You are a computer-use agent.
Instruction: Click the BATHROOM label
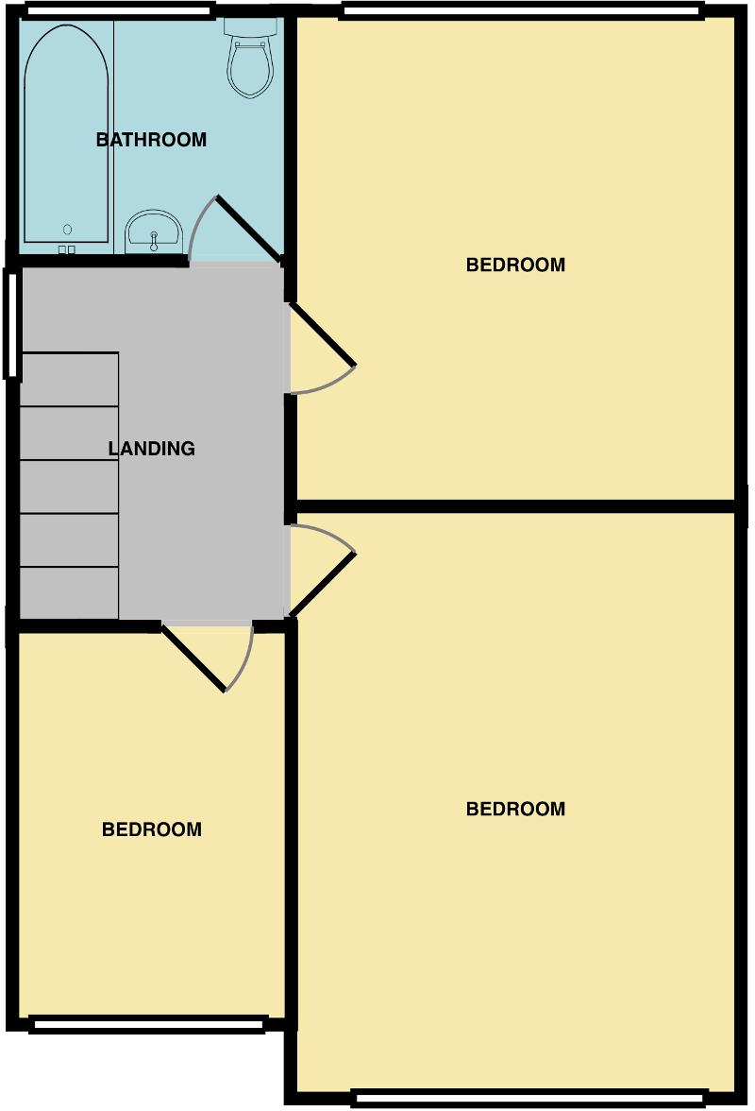(x=151, y=140)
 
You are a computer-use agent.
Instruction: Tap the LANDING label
(x=151, y=449)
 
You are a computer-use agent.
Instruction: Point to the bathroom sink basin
(x=153, y=229)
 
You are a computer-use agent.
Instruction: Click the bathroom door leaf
(x=249, y=229)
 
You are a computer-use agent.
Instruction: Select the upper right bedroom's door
(x=322, y=333)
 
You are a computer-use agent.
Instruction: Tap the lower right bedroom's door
(x=323, y=584)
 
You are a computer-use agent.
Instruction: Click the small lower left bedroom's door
(x=193, y=658)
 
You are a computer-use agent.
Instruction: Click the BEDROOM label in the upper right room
(x=515, y=265)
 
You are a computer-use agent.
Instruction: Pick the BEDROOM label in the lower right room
(x=515, y=809)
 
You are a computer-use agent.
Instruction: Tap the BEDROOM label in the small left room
(x=151, y=829)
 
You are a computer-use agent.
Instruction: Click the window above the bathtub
(x=119, y=11)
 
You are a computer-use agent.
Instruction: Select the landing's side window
(x=12, y=323)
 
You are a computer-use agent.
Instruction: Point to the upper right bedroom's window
(x=522, y=10)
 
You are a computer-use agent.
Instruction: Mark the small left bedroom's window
(x=147, y=1023)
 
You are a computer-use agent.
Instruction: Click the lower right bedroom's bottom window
(x=528, y=1098)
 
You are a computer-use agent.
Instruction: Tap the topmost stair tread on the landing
(x=69, y=380)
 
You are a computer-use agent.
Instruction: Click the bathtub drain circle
(x=67, y=230)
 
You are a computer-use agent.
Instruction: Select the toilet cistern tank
(x=250, y=26)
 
